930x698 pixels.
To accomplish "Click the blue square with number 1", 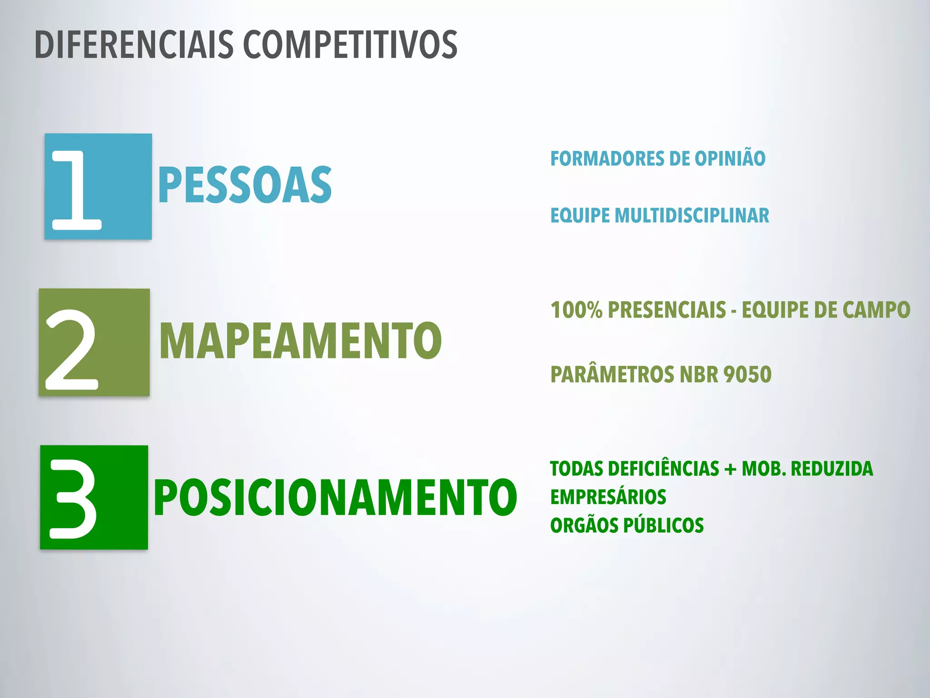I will click(98, 186).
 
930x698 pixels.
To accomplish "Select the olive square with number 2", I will click(94, 342).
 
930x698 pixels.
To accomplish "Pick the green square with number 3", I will click(94, 497).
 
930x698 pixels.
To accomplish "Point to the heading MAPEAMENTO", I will click(301, 340).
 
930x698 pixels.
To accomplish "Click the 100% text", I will click(576, 310).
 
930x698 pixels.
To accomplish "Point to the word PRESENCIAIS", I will click(667, 310).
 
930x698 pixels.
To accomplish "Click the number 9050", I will click(747, 375).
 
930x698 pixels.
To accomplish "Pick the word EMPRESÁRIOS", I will click(608, 497).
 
